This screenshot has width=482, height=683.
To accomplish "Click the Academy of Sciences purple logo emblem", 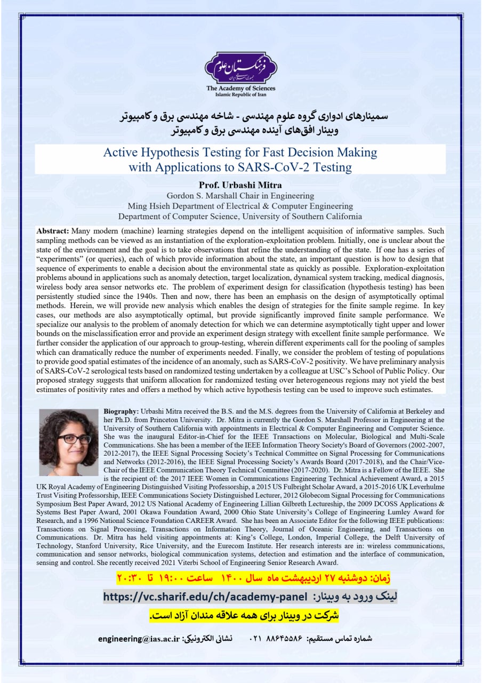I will pyautogui.click(x=241, y=67).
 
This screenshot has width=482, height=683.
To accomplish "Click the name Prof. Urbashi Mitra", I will pyautogui.click(x=240, y=186).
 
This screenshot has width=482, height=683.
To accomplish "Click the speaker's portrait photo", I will pyautogui.click(x=69, y=443).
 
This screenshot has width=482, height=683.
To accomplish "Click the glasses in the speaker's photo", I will pyautogui.click(x=74, y=439).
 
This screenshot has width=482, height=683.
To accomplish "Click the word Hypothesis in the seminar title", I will pyautogui.click(x=184, y=153).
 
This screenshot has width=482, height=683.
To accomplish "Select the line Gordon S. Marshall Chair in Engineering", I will pyautogui.click(x=240, y=196).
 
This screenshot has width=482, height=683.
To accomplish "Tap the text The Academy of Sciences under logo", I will pyautogui.click(x=241, y=89).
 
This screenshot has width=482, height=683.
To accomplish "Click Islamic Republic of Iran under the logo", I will pyautogui.click(x=241, y=95).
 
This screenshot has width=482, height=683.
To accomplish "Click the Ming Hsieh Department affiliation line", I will pyautogui.click(x=240, y=206).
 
